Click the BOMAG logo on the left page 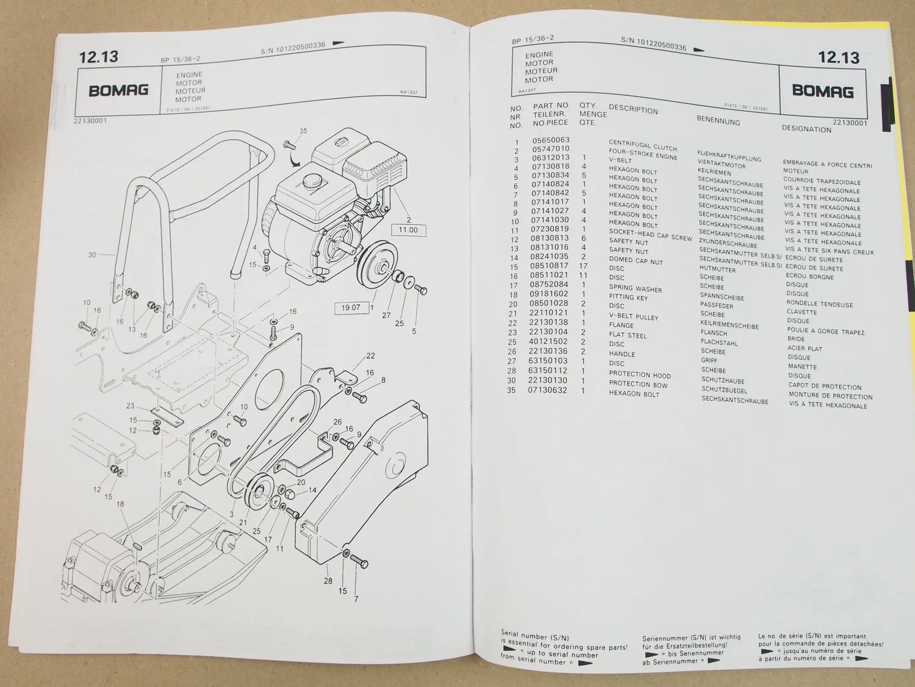click(118, 90)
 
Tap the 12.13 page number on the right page click(838, 57)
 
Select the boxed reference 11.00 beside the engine click(408, 230)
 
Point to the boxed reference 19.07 click(350, 307)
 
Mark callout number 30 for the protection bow click(92, 255)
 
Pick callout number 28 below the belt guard click(328, 580)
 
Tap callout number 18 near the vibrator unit click(120, 504)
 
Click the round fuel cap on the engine click(311, 180)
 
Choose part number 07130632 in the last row click(549, 390)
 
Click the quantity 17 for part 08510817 click(584, 266)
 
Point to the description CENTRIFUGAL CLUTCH click(642, 145)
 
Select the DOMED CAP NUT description click(636, 260)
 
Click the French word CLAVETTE click(801, 312)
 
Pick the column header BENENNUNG click(719, 121)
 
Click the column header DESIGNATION click(806, 129)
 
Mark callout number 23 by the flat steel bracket click(130, 405)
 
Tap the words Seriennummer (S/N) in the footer click(672, 638)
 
